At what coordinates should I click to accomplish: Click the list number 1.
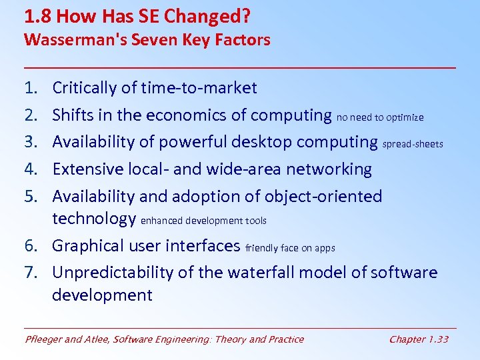[x=31, y=88]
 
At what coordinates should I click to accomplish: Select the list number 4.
[x=31, y=169]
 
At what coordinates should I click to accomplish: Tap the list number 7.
[x=31, y=273]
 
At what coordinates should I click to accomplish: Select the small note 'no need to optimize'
[x=380, y=117]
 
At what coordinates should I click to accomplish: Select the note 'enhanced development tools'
[x=204, y=221]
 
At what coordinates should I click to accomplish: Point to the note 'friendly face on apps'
[x=290, y=248]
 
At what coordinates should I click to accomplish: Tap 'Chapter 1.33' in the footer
[x=419, y=339]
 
